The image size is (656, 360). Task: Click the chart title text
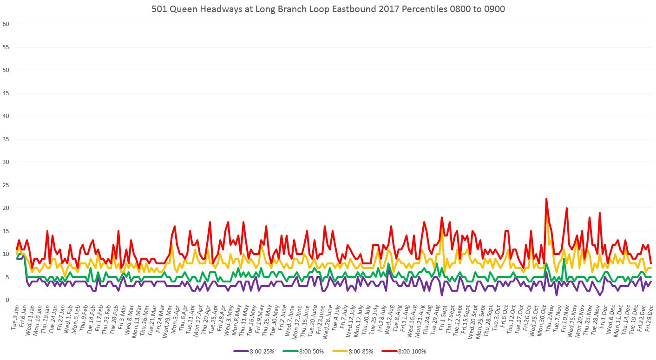(328, 9)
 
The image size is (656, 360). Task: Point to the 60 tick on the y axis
(6, 24)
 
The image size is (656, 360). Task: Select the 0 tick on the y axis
(7, 300)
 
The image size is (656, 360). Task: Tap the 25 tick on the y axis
(6, 185)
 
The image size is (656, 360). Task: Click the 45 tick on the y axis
(6, 93)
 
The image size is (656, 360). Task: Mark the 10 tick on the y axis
(6, 254)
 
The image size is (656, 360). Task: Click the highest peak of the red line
(546, 199)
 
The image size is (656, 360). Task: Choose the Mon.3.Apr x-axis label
(172, 318)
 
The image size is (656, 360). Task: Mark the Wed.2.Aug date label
(387, 318)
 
